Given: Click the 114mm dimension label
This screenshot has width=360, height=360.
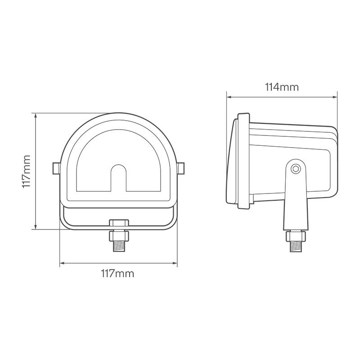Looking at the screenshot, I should point(282,87).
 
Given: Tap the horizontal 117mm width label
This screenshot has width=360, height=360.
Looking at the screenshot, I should point(117,274).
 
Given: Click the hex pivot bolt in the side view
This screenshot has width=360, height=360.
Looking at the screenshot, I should point(296,169).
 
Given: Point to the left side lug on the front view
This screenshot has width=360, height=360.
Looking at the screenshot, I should point(56,168).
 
